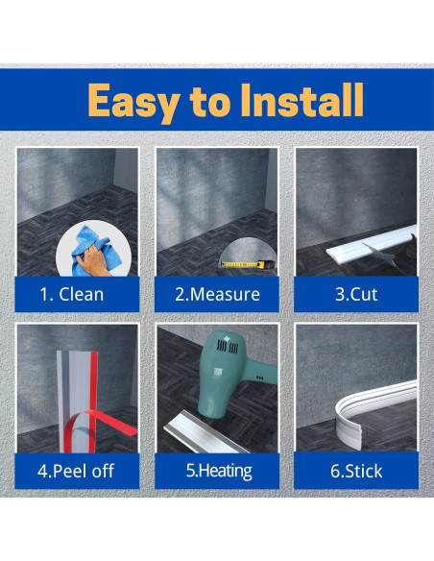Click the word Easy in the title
(x=133, y=102)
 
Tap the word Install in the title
(x=302, y=100)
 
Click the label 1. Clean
(x=71, y=295)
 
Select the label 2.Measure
(x=217, y=295)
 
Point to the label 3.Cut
(x=356, y=295)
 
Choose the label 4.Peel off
(x=76, y=471)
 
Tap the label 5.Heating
(x=219, y=471)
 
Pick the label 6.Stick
(x=356, y=471)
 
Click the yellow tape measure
(x=248, y=264)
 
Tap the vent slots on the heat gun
(x=228, y=347)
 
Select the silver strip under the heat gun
(x=205, y=432)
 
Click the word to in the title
(x=210, y=102)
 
